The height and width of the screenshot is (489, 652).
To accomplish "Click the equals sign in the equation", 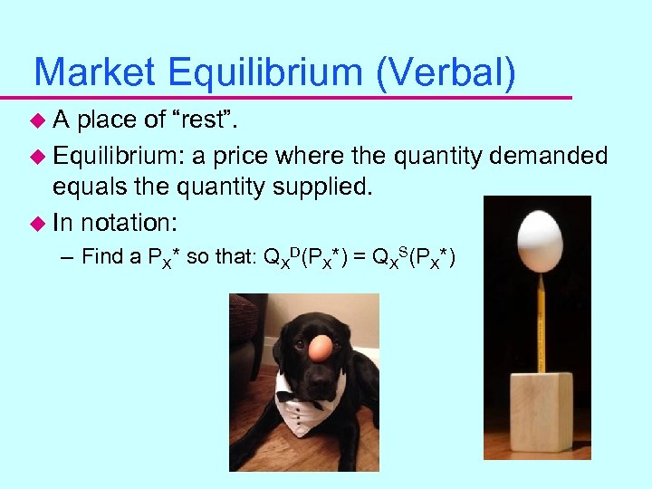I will pos(358,257).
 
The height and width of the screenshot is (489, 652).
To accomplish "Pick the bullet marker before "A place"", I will pos(37,119).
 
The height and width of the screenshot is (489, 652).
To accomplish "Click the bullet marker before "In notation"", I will pos(37,222).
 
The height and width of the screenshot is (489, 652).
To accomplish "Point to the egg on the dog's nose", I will pos(319,347).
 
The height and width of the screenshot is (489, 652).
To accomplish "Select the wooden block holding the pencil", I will pos(541,412).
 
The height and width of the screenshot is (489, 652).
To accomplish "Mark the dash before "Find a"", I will pos(69,258).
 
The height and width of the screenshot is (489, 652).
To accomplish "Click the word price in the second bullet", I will pos(243,156).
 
